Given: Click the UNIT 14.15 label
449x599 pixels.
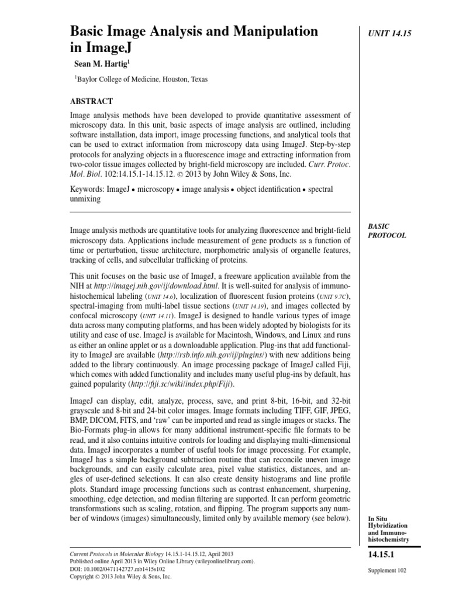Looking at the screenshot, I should pyautogui.click(x=391, y=34).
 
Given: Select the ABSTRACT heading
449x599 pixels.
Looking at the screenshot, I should pyautogui.click(x=91, y=101).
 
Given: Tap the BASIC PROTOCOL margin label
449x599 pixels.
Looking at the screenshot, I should pyautogui.click(x=386, y=230).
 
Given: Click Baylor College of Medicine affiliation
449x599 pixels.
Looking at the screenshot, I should pyautogui.click(x=140, y=80).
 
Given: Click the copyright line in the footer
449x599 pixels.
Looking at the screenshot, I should pyautogui.click(x=120, y=576).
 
